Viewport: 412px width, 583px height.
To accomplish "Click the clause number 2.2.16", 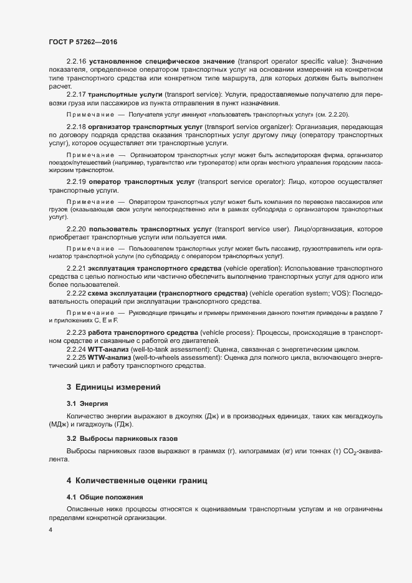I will pyautogui.click(x=77, y=62).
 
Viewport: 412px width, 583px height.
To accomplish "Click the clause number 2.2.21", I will pyautogui.click(x=77, y=268).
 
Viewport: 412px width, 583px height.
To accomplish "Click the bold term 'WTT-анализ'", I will pyautogui.click(x=108, y=350).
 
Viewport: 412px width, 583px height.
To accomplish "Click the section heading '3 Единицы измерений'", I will pyautogui.click(x=113, y=387).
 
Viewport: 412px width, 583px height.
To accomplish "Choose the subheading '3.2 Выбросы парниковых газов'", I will pyautogui.click(x=115, y=438).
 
